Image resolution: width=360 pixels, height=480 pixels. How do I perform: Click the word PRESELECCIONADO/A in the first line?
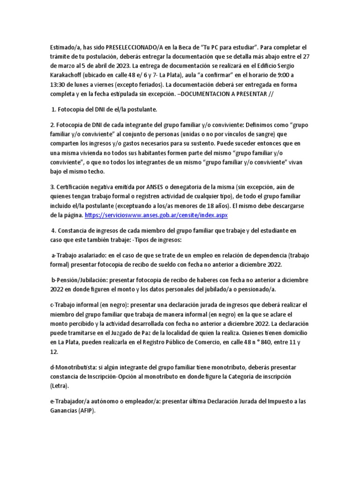pos(135,47)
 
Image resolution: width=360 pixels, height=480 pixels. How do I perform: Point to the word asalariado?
pos(87,255)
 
